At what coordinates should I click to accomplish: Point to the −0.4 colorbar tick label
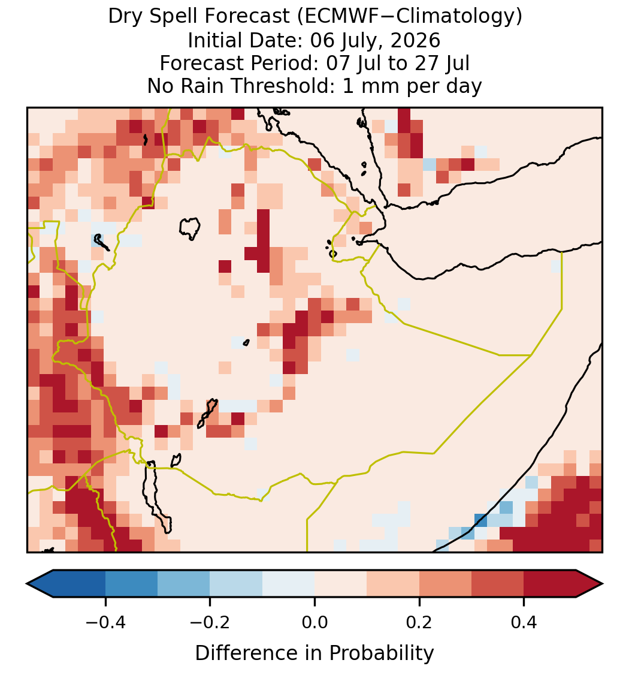105,622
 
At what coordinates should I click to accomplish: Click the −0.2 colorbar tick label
210,622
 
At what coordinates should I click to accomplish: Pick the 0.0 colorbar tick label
314,622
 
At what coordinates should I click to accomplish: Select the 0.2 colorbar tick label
419,622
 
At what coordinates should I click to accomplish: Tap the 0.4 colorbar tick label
524,622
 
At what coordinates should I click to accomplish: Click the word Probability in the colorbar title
382,653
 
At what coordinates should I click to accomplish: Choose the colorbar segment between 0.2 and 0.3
446,584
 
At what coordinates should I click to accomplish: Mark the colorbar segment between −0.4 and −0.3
132,584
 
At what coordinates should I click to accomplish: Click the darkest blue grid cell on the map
481,520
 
